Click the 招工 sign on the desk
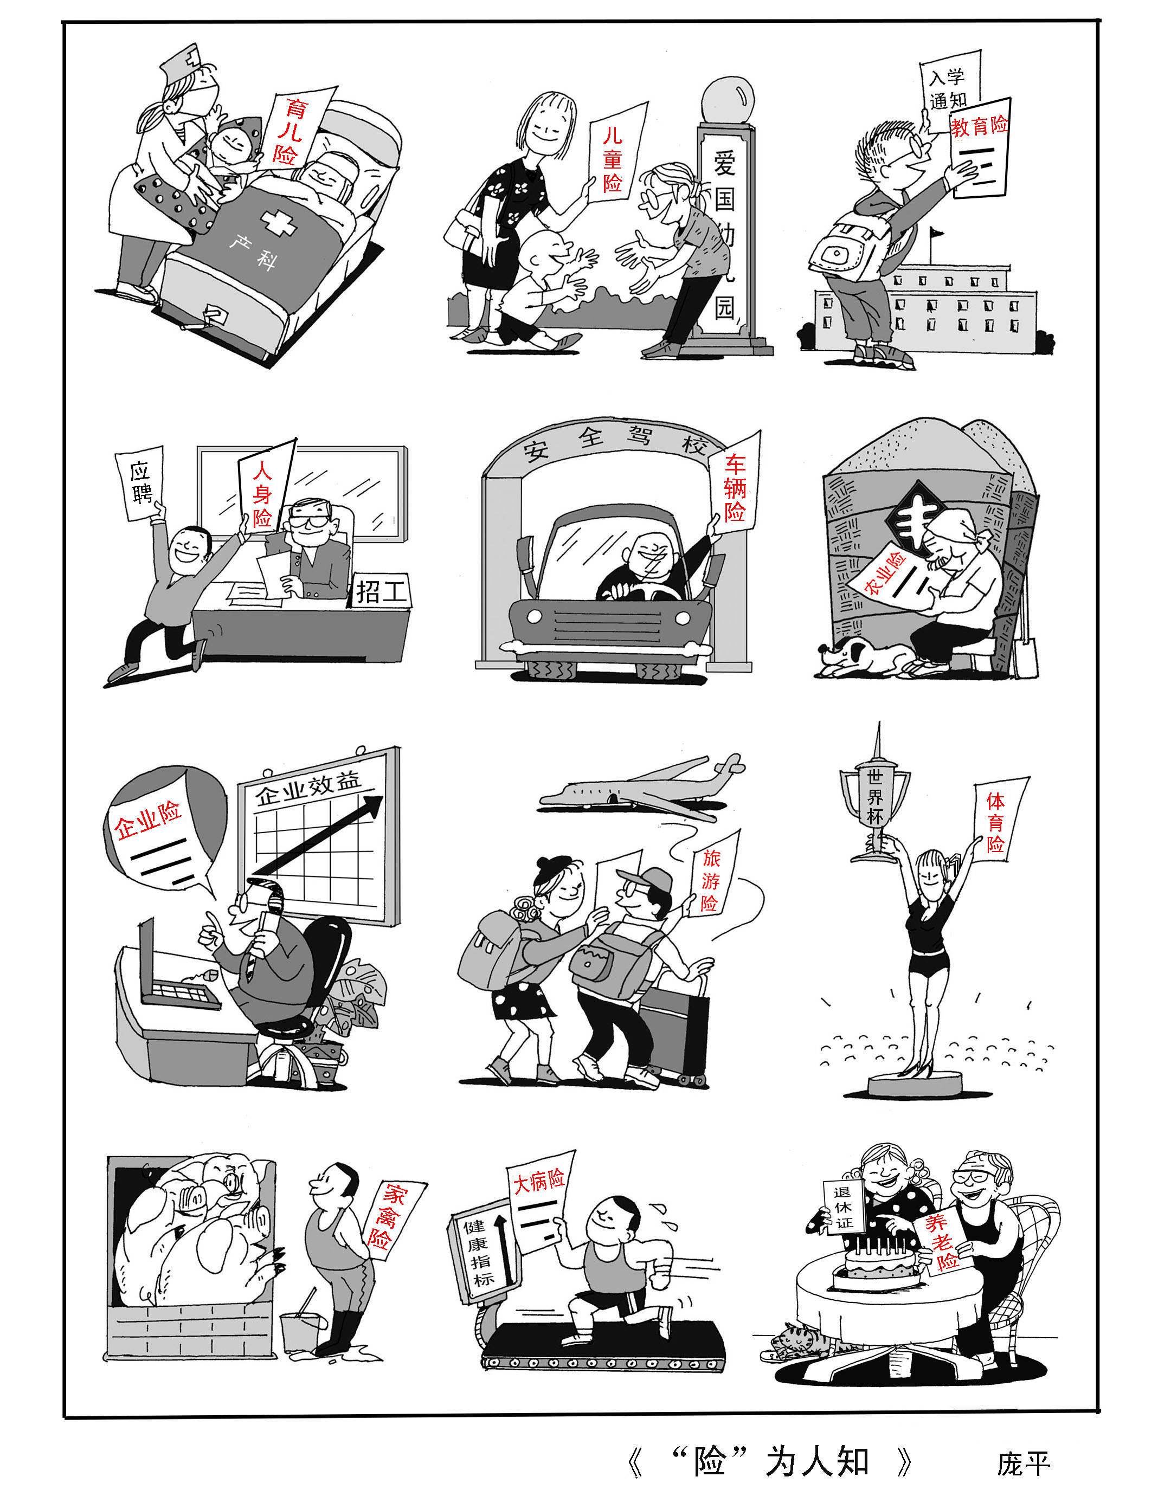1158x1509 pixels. pos(382,590)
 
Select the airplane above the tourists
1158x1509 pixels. pos(641,785)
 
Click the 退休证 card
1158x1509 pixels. pos(844,1207)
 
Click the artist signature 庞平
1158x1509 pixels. pos(1023,1462)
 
